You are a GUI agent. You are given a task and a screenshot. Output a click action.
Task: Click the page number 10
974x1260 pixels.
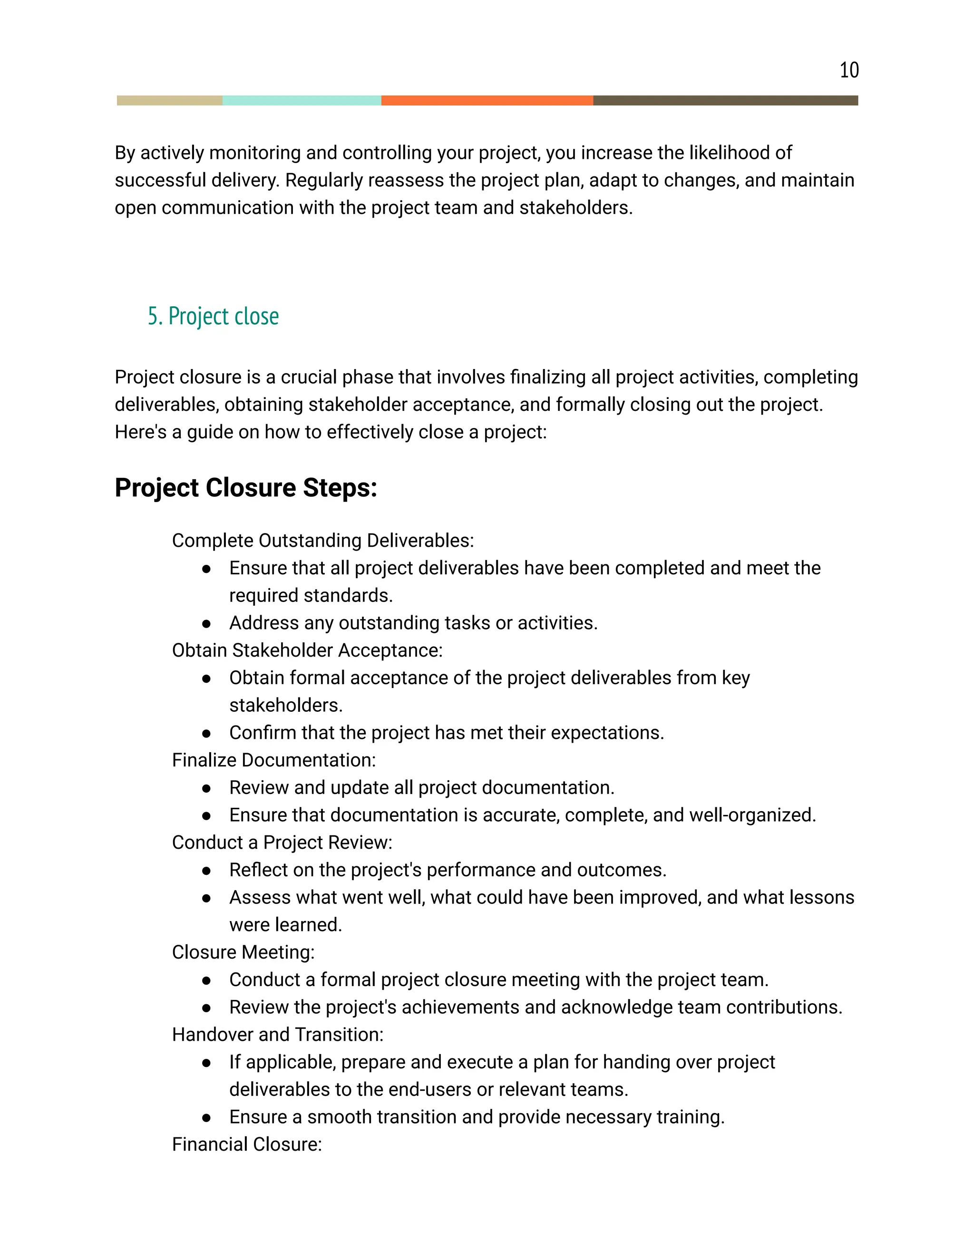pyautogui.click(x=849, y=70)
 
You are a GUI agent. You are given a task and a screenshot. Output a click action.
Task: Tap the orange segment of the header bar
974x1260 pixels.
pyautogui.click(x=487, y=100)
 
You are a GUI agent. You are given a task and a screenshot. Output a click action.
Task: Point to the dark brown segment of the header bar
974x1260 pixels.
pyautogui.click(x=725, y=100)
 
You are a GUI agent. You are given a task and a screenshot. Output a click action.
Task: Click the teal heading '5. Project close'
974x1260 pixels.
pyautogui.click(x=213, y=316)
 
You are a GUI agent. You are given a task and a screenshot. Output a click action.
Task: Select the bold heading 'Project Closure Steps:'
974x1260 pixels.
pyautogui.click(x=246, y=487)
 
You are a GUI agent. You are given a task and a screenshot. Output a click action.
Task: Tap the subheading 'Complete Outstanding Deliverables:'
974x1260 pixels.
pyautogui.click(x=322, y=541)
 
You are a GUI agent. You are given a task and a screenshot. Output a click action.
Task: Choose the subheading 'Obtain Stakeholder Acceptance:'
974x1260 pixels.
pyautogui.click(x=307, y=650)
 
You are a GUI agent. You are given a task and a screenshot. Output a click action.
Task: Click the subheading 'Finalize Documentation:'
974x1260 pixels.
pyautogui.click(x=273, y=760)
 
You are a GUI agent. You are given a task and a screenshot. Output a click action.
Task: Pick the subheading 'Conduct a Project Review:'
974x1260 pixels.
pyautogui.click(x=282, y=843)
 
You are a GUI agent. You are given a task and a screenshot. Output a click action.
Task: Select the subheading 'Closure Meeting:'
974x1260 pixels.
pyautogui.click(x=243, y=952)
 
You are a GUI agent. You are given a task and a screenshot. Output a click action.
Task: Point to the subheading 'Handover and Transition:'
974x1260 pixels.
pyautogui.click(x=278, y=1035)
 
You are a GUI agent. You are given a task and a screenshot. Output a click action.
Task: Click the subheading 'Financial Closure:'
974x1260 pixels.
pyautogui.click(x=246, y=1144)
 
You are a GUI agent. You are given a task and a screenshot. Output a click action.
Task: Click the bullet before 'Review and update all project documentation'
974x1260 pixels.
pyautogui.click(x=206, y=788)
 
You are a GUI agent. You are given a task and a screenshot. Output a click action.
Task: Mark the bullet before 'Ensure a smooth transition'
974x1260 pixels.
pyautogui.click(x=206, y=1117)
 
